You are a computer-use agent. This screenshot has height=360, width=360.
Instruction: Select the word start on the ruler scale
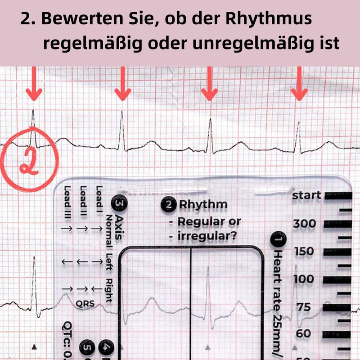[307, 195]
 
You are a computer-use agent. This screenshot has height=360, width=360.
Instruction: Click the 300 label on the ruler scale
[304, 223]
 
